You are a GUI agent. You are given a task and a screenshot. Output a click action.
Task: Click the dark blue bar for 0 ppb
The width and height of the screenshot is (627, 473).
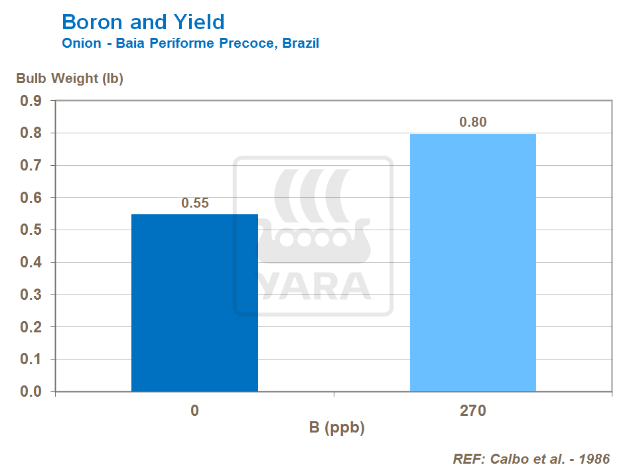point(194,303)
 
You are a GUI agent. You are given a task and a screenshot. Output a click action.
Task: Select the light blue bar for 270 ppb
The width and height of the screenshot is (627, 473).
point(472,263)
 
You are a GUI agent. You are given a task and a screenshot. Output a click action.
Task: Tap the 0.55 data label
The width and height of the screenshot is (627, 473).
point(195,203)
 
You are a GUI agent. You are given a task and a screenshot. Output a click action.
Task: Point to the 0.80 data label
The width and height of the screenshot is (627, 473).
point(473,122)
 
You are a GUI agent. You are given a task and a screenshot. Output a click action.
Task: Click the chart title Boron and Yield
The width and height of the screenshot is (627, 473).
point(143,22)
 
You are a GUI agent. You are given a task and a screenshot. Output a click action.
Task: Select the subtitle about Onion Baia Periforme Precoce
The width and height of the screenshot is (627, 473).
point(190,44)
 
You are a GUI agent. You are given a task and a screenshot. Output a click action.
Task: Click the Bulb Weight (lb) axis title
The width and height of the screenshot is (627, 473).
point(70,78)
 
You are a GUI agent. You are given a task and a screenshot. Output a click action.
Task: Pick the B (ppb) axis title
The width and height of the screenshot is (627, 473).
point(336,428)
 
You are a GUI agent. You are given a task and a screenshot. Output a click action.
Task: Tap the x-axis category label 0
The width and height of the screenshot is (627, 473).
point(194,411)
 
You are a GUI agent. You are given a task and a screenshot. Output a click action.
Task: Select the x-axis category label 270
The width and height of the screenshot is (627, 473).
point(473,411)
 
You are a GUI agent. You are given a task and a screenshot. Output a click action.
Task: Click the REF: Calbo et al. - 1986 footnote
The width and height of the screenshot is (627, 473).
point(531,459)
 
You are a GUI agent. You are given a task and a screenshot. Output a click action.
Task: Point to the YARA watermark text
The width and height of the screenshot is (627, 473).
point(314,285)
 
